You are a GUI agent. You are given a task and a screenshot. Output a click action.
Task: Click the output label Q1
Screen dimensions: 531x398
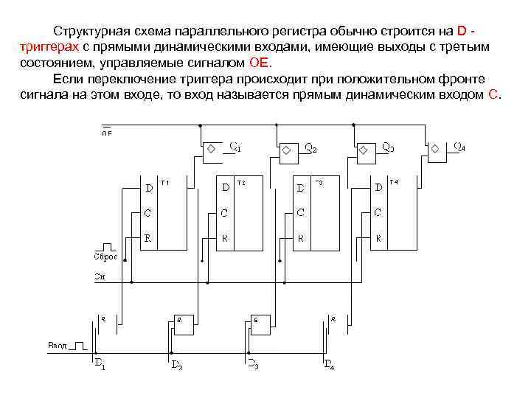[x=235, y=147]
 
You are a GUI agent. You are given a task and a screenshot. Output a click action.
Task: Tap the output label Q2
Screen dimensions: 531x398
[x=311, y=147]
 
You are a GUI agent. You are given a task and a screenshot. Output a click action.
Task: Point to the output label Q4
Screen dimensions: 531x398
[x=459, y=147]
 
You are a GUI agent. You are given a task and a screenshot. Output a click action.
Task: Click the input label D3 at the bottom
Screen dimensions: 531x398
[x=252, y=363]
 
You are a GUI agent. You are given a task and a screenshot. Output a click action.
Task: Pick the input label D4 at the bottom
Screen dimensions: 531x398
[x=329, y=363]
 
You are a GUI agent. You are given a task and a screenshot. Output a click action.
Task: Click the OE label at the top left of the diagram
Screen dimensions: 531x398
[x=107, y=133]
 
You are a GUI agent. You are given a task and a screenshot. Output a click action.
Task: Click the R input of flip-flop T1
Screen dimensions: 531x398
[x=148, y=239]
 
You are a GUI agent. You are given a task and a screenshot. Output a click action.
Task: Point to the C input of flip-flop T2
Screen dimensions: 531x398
[x=225, y=213]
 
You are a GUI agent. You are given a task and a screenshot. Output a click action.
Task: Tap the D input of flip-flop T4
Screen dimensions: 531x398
[x=378, y=188]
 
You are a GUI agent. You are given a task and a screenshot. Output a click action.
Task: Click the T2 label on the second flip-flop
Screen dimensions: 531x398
[x=241, y=182]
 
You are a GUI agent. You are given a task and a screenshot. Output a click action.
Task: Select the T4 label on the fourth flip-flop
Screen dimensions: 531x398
[x=394, y=182]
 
